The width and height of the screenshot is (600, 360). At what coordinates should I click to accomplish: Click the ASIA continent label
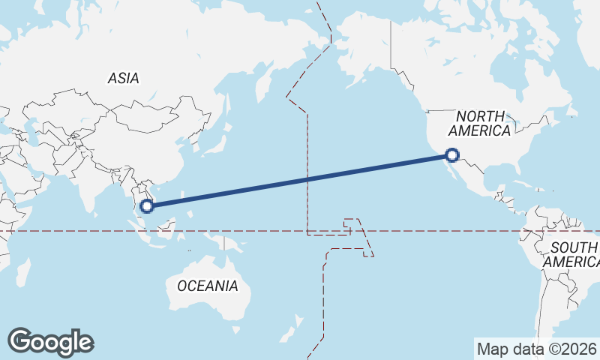[x=123, y=78]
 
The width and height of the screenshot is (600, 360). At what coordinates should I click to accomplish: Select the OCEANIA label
[x=208, y=286]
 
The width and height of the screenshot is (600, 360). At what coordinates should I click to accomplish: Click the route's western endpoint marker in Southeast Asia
[x=147, y=204]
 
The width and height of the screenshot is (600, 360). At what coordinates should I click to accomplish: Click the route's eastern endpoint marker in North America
[x=451, y=155]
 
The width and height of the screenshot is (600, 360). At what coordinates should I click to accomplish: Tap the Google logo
[x=51, y=342]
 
